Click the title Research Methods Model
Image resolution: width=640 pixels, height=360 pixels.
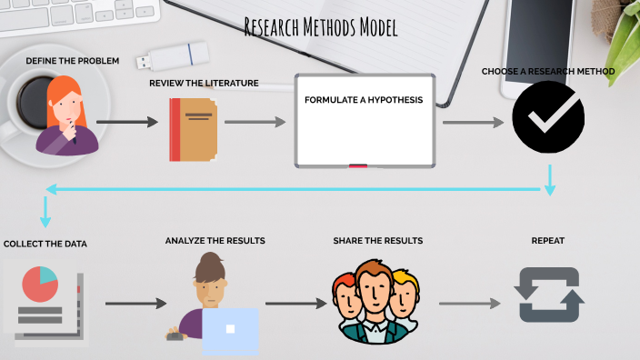coord(321,27)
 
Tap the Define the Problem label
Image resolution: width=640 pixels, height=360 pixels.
coord(73,61)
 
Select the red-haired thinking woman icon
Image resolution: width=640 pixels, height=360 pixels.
coord(66,115)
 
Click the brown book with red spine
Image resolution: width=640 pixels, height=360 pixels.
coord(193,130)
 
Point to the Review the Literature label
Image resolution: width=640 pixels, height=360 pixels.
coord(204,84)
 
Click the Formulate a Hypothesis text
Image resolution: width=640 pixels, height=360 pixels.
coord(364,100)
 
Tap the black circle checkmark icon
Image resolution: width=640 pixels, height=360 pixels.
coord(548,117)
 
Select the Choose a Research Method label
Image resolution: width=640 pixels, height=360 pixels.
coord(548,72)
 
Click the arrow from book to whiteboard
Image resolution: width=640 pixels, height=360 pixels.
coord(255,122)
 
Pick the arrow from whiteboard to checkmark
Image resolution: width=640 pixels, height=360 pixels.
coord(474,122)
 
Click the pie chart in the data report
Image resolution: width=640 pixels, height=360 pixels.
coord(40,284)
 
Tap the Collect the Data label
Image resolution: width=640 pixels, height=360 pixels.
coord(45,244)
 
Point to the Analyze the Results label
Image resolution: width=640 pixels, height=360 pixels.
coord(215,241)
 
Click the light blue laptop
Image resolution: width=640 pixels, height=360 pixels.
coord(231,332)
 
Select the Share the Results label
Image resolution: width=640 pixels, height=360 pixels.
coord(378,241)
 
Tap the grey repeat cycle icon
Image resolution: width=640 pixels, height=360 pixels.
coord(549,295)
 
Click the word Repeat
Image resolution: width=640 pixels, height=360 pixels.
coord(548,241)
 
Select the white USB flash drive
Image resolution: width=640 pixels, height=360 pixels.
coord(173,56)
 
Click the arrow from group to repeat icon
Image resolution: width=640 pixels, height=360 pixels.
coord(470,304)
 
